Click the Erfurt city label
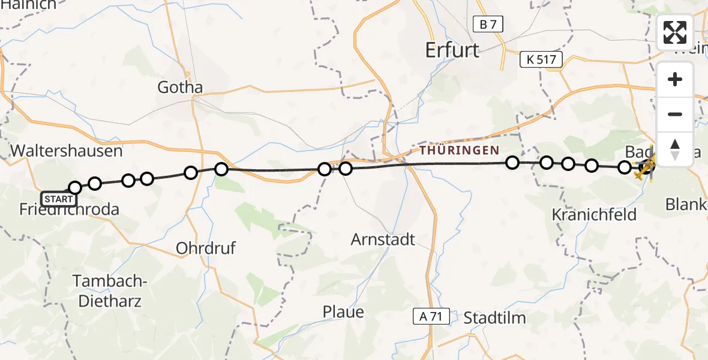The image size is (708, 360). [452, 50]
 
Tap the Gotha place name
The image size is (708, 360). [180, 88]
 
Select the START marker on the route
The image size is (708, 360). [59, 199]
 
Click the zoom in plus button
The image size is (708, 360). [675, 79]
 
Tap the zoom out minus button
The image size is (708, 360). [675, 114]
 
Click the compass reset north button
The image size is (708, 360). [675, 149]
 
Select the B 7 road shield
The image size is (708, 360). [488, 25]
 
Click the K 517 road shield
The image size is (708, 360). [541, 59]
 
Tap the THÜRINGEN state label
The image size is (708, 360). [460, 151]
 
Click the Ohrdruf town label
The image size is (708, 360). [206, 248]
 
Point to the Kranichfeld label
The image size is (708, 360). [594, 214]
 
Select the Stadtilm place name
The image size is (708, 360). [495, 317]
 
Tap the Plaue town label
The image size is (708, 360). [343, 312]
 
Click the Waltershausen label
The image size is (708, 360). [67, 151]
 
